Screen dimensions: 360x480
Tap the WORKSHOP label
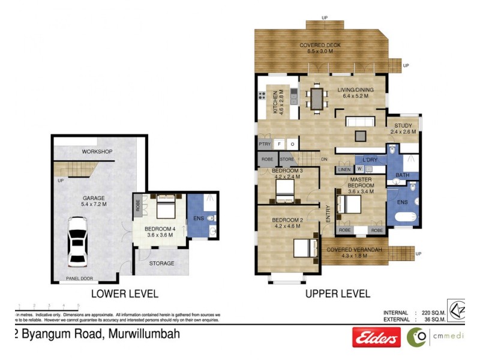pyautogui.click(x=98, y=151)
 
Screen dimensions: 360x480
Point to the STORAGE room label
pyautogui.click(x=161, y=263)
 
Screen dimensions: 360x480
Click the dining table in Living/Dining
pyautogui.click(x=316, y=98)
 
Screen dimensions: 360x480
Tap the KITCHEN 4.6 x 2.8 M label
pyautogui.click(x=279, y=103)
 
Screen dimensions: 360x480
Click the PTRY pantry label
pyautogui.click(x=264, y=144)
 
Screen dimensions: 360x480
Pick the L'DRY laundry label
pyautogui.click(x=370, y=160)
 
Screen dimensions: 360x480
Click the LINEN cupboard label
pyautogui.click(x=344, y=170)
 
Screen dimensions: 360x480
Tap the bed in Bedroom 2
pyautogui.click(x=306, y=247)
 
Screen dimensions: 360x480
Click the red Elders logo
pyautogui.click(x=376, y=338)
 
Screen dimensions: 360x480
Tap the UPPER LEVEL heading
pyautogui.click(x=338, y=294)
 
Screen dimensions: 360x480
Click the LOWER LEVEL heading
pyautogui.click(x=124, y=294)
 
